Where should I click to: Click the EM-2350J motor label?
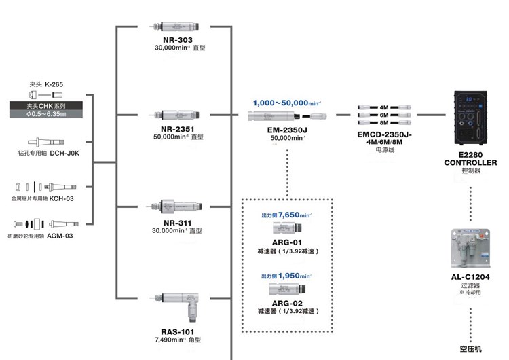(287, 130)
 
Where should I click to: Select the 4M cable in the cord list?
(384, 107)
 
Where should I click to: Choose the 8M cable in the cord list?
(384, 124)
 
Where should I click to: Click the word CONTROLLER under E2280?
(470, 163)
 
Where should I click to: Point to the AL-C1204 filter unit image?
(470, 248)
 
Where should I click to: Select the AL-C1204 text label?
(470, 277)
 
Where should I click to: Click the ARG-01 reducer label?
(288, 242)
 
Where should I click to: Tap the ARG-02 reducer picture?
(288, 289)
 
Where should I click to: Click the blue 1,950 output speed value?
(295, 276)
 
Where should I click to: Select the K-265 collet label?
(59, 84)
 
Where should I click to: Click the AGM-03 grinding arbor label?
(60, 236)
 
